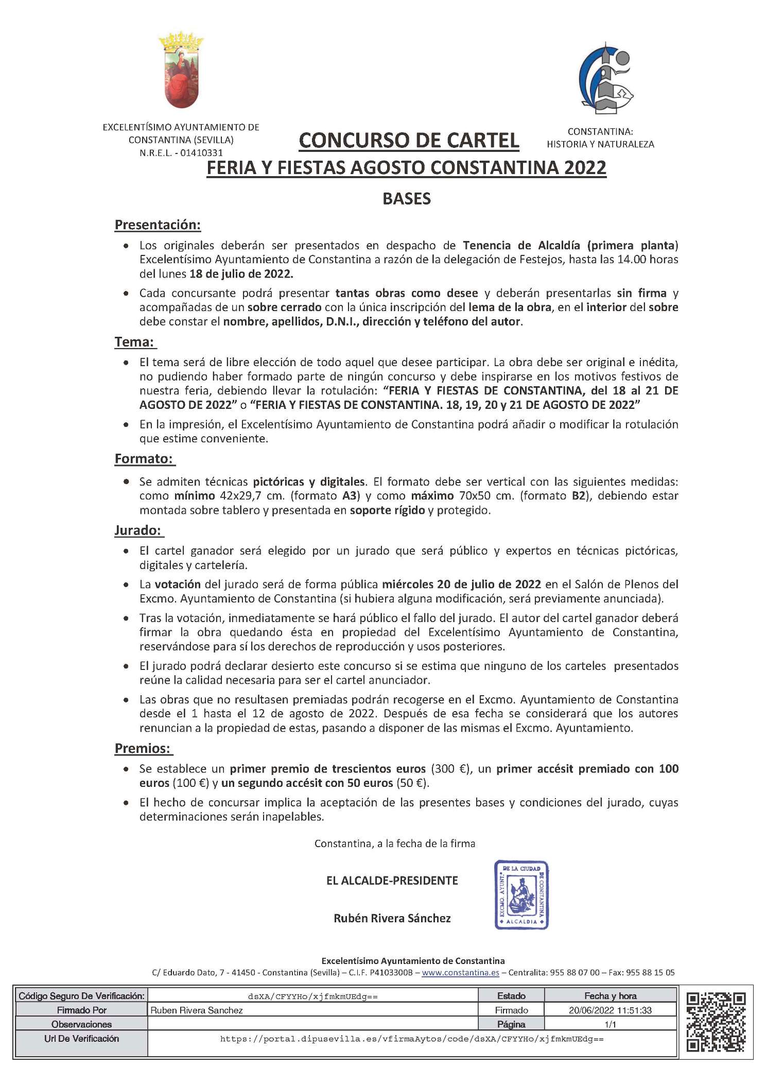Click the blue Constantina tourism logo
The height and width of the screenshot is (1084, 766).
pos(605,79)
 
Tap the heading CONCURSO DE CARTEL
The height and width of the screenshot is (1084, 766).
pos(409,141)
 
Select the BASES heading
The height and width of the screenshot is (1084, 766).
pos(406,199)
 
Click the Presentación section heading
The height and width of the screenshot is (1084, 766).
pos(158,225)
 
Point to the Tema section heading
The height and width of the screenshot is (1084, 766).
pos(134,342)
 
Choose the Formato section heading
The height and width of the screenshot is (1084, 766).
pos(144,459)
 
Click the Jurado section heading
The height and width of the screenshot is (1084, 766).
pos(138,530)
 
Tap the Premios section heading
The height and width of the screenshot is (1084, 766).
pos(143,748)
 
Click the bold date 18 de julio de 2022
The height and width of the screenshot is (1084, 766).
pos(241,274)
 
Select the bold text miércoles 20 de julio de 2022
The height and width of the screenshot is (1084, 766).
pos(461,584)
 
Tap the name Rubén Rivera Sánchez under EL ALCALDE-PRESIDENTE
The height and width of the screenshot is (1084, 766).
pos(392,918)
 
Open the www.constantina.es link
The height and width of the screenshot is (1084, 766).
pos(460,973)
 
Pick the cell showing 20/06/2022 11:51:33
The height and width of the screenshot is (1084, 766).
pos(610,1010)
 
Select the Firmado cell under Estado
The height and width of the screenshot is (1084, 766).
pos(511,1010)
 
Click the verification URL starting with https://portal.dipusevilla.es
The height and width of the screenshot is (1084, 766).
pos(411,1039)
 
